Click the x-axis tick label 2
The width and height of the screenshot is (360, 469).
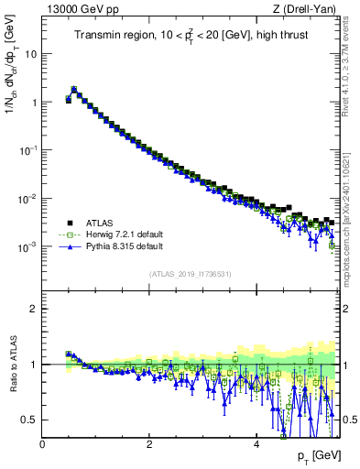148,444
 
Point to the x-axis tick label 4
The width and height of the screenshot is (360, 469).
256,444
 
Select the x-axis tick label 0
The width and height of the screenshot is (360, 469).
42,444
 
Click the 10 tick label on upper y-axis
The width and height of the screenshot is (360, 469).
29,53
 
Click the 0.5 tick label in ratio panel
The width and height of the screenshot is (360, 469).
29,420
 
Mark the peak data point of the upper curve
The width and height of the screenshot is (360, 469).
74,90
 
